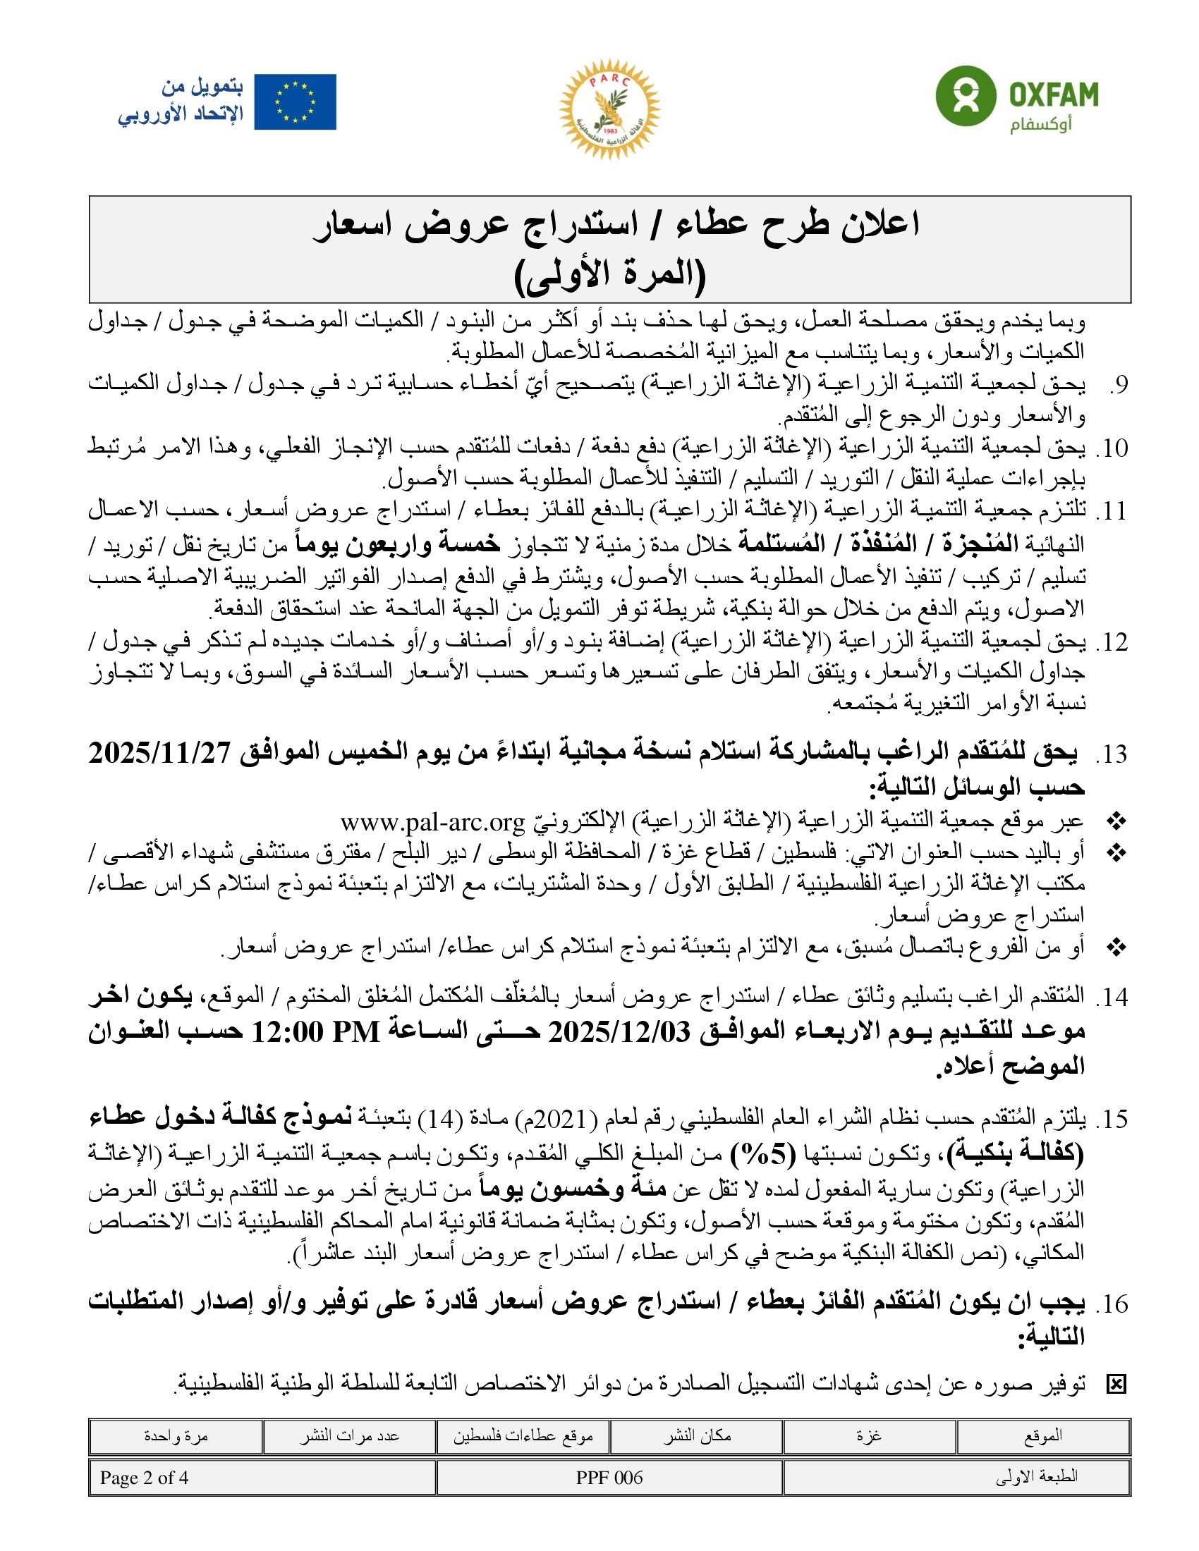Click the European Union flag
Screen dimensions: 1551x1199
pyautogui.click(x=295, y=102)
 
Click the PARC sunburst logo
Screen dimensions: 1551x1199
pyautogui.click(x=609, y=108)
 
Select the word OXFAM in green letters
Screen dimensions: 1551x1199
pyautogui.click(x=1054, y=94)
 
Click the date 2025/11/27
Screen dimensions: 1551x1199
pyautogui.click(x=162, y=752)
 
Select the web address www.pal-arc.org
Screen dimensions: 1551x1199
pyautogui.click(x=432, y=821)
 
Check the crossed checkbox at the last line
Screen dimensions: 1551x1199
pyautogui.click(x=1116, y=1384)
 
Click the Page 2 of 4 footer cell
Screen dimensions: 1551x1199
pyautogui.click(x=145, y=1478)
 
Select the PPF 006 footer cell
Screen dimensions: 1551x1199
pyautogui.click(x=609, y=1478)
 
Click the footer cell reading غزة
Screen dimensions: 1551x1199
pyautogui.click(x=869, y=1435)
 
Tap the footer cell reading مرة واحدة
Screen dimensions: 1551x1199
pyautogui.click(x=176, y=1435)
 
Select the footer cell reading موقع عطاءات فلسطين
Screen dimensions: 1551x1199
pyautogui.click(x=523, y=1435)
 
